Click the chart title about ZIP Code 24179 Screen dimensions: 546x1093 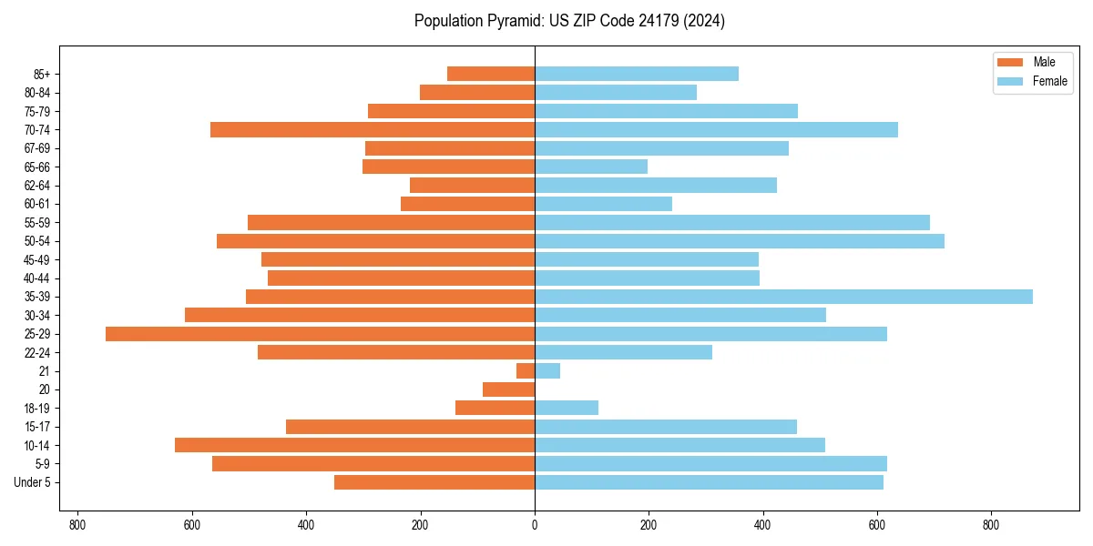[569, 21]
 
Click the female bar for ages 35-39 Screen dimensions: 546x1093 [783, 297]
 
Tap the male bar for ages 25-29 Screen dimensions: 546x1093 [320, 334]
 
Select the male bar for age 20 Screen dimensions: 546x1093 [508, 389]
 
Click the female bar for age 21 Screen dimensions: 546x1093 [547, 371]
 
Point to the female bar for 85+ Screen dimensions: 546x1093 [637, 74]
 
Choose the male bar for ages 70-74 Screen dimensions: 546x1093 [373, 130]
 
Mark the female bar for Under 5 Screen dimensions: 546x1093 [709, 482]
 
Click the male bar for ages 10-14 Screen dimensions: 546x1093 [354, 445]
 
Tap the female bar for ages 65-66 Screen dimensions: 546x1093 [591, 167]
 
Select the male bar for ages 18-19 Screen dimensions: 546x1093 [495, 408]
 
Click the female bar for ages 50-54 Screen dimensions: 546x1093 [740, 241]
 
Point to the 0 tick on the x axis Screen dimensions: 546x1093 [535, 525]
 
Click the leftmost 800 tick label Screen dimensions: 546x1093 [77, 525]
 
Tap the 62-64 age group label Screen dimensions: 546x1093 [37, 186]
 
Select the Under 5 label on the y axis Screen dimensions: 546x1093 [32, 482]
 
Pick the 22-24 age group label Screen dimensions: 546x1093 [37, 352]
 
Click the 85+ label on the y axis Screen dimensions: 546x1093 [42, 74]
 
